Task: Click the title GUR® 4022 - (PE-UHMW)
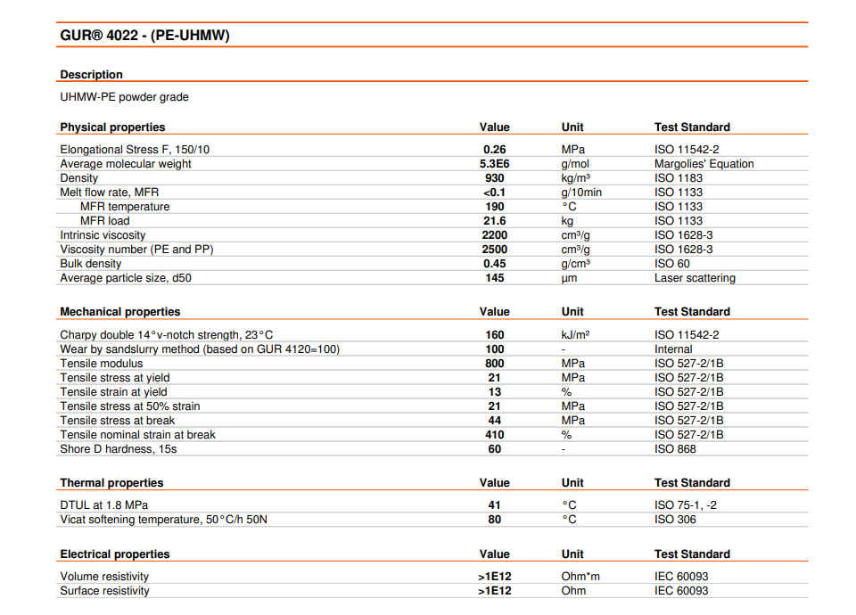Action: click(144, 36)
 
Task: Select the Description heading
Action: click(91, 74)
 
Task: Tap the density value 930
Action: click(494, 178)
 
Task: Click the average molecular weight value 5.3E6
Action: click(494, 164)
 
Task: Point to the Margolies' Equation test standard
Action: click(704, 164)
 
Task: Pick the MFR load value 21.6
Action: click(494, 221)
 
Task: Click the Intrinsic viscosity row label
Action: click(103, 235)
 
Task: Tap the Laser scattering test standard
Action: click(695, 278)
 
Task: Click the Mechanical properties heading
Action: click(119, 312)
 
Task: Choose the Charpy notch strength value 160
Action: click(494, 335)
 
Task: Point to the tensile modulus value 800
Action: click(494, 364)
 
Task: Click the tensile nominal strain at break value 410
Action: click(494, 435)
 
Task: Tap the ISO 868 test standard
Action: click(675, 449)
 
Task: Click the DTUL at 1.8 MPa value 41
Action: click(495, 505)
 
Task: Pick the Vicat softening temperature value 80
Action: click(495, 520)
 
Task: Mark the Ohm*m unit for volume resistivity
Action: click(580, 577)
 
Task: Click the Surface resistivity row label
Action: click(104, 591)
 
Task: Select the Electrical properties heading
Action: click(114, 554)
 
